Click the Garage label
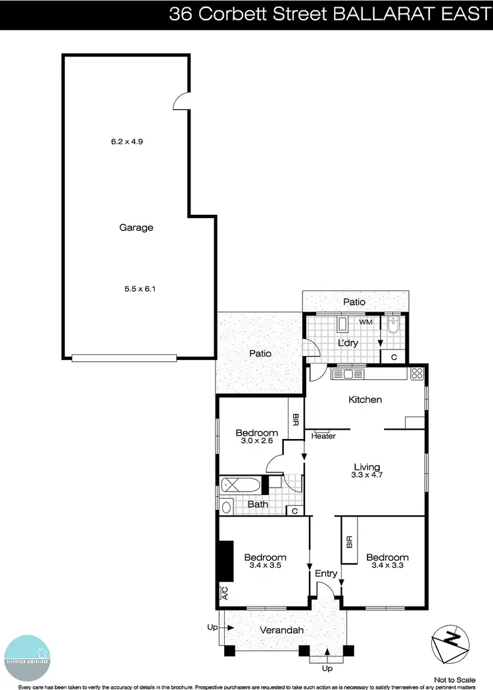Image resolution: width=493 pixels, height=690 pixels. pos(136,228)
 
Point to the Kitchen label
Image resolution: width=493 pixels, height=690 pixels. pos(365,400)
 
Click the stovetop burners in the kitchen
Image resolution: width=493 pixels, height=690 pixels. pos(417,374)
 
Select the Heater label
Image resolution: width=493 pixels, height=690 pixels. pos(323,436)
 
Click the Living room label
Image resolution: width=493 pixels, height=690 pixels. pos(366,467)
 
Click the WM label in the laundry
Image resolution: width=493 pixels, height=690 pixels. pos(366,321)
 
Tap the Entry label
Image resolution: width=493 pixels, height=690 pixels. pos(326,574)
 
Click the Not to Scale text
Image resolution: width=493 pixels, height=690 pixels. pos(455,679)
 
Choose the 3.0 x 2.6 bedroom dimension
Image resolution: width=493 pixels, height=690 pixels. pos(256,442)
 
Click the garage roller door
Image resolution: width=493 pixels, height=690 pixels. pos(124,358)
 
